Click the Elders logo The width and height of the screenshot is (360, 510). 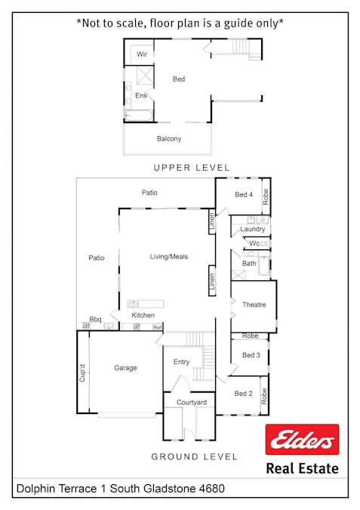(x=302, y=440)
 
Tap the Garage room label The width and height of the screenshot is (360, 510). (x=125, y=368)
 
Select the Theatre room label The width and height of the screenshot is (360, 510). (x=254, y=304)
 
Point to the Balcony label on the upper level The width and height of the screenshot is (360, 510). (x=169, y=138)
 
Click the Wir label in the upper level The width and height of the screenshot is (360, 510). (x=142, y=54)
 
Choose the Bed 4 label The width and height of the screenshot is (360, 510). (x=244, y=194)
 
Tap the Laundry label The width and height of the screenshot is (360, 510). (x=253, y=229)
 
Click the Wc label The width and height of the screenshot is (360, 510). (x=254, y=243)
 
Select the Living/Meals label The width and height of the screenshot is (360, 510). (x=169, y=257)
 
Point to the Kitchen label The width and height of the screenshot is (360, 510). (x=143, y=315)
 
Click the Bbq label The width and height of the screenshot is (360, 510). (x=96, y=320)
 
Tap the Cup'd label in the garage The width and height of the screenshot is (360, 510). (x=82, y=372)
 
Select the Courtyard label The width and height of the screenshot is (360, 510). (x=192, y=403)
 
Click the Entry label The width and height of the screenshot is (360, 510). (x=181, y=362)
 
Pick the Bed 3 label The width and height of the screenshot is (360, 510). (x=251, y=355)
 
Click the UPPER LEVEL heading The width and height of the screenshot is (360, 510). (x=192, y=168)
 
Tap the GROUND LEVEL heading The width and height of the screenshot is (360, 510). (x=194, y=456)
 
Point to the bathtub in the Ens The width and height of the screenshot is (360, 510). (x=138, y=116)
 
